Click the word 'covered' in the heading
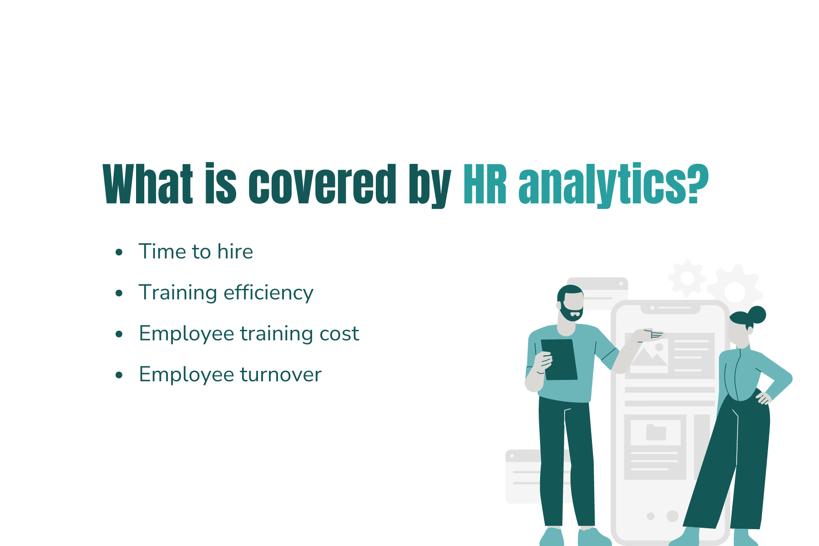click(x=322, y=184)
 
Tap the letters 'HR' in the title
click(x=485, y=184)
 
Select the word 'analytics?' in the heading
click(x=613, y=184)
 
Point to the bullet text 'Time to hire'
click(x=196, y=252)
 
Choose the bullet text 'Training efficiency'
click(x=226, y=293)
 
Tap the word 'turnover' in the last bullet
click(x=281, y=374)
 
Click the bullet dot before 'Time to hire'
click(x=119, y=252)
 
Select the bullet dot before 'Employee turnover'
click(x=119, y=375)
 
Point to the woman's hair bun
click(x=757, y=314)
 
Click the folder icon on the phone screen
click(x=656, y=432)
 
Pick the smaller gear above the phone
click(x=687, y=278)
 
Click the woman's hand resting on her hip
click(x=763, y=399)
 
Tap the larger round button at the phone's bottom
click(x=672, y=516)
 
